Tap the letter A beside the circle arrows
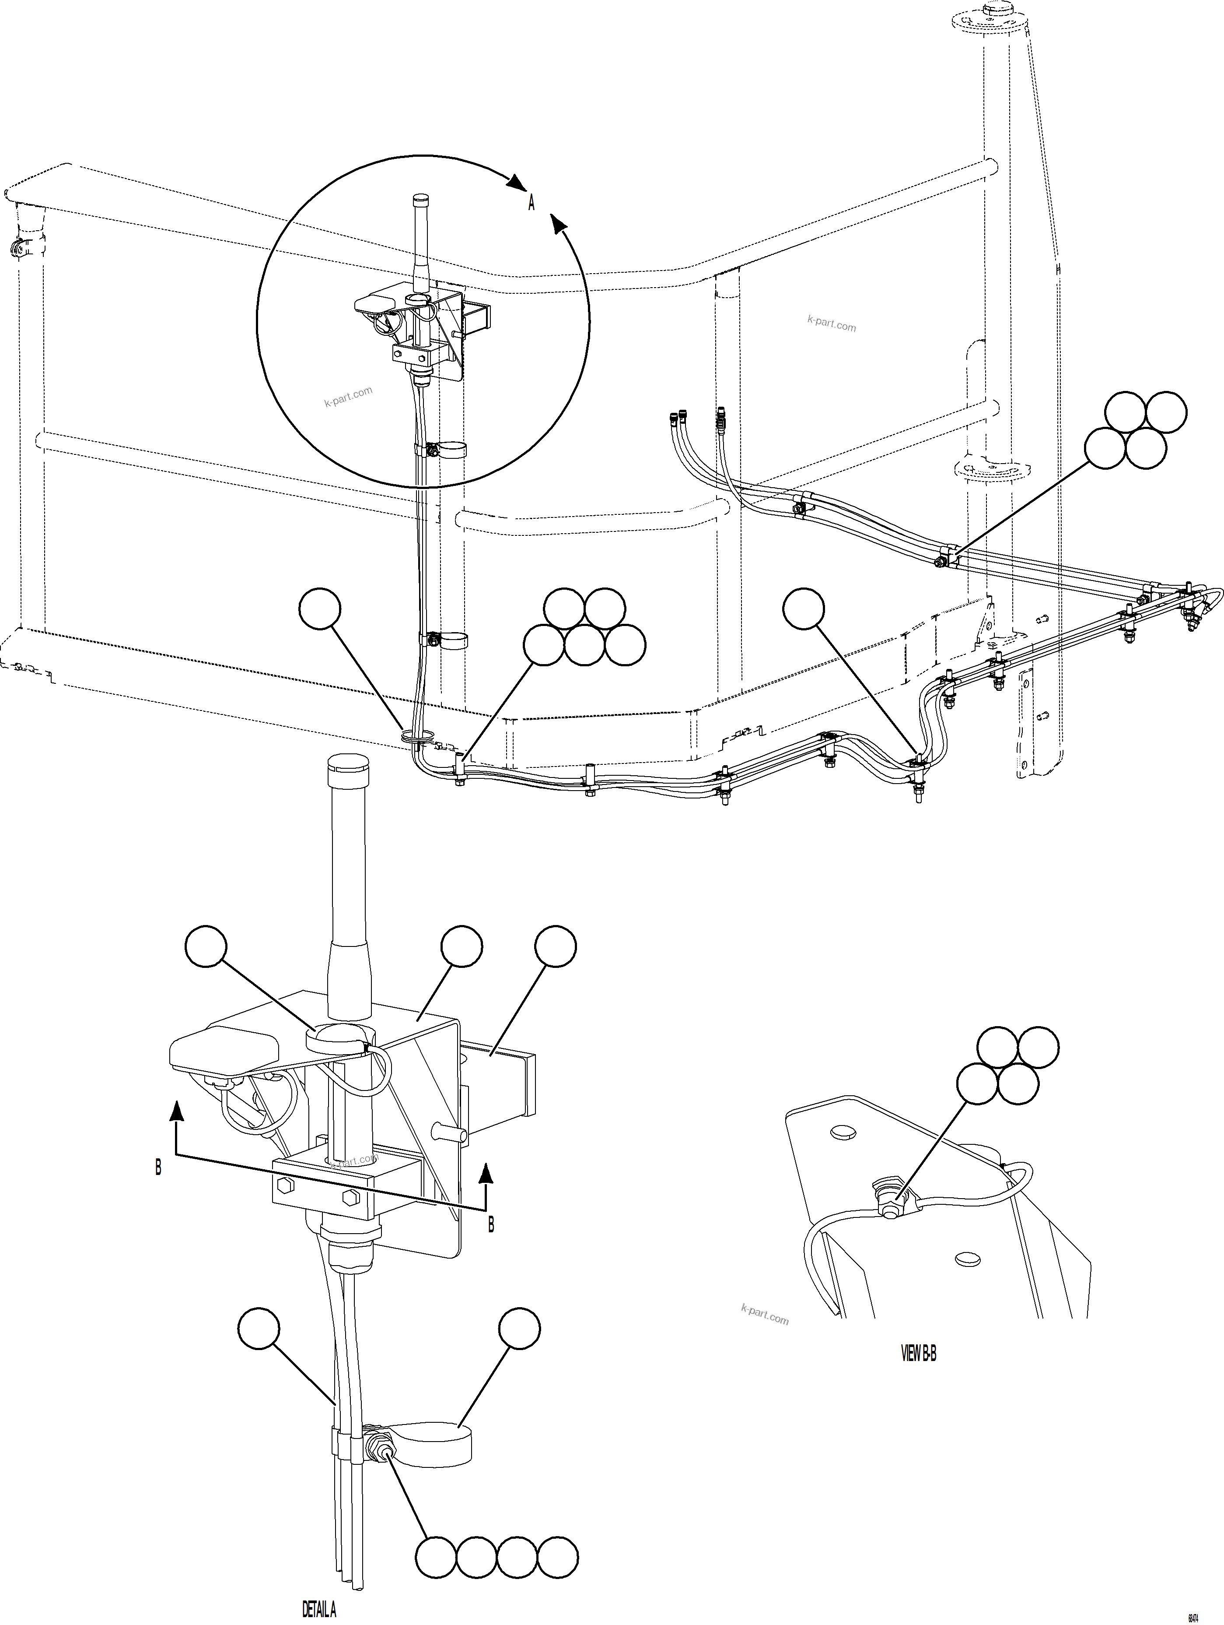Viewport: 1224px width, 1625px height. tap(532, 203)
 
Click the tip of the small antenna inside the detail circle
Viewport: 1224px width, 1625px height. tap(421, 198)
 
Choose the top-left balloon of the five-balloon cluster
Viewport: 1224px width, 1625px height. tap(564, 608)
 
